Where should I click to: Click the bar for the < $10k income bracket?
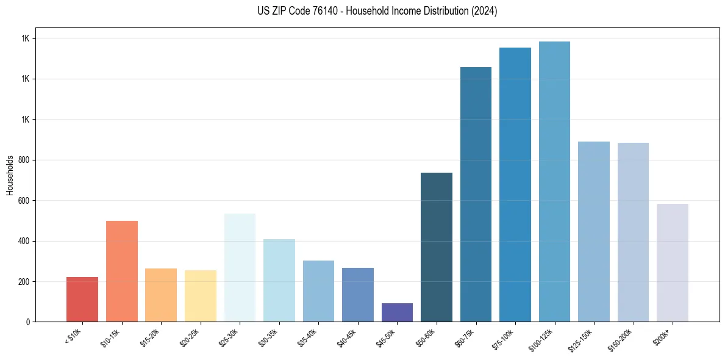82,299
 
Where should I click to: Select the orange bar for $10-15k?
121,271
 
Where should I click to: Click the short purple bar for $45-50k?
397,312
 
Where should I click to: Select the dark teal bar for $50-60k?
437,247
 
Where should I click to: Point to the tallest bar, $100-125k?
554,181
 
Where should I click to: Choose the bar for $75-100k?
515,184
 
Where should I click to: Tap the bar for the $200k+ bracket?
673,262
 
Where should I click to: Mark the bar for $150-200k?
633,232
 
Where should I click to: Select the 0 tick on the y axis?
28,322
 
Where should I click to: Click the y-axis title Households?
10,175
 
